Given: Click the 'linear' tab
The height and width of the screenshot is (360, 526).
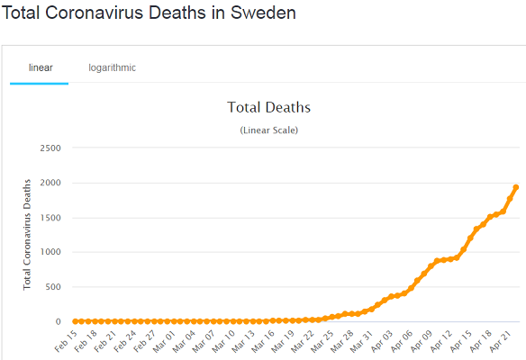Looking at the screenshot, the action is coord(41,67).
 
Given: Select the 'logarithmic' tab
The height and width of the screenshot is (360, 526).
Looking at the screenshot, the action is coord(112,67).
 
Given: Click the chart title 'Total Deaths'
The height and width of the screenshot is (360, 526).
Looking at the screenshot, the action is coord(269,107).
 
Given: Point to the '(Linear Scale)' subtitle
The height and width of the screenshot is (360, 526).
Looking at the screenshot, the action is coord(269,130).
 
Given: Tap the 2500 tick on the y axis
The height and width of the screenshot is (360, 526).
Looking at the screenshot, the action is coord(50,148).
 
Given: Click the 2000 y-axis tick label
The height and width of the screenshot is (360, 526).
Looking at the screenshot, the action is coord(50,183).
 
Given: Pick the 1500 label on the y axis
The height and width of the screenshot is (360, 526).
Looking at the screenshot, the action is coord(50,218).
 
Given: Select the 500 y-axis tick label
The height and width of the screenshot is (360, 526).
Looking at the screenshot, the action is coord(53,287).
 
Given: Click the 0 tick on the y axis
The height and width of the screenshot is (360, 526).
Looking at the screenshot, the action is coord(59,322).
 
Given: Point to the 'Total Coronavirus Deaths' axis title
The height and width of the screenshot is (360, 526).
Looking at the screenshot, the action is coord(27,235).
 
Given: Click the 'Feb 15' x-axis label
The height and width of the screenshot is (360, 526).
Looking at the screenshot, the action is coord(66,341).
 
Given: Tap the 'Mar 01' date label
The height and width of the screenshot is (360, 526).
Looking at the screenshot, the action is coord(164,341).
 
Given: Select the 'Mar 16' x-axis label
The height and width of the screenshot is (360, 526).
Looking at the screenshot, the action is coord(263,341).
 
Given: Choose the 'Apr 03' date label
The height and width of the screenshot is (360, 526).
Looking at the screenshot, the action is coord(381,341).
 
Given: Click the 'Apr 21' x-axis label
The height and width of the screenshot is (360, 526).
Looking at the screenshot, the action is coord(500,341).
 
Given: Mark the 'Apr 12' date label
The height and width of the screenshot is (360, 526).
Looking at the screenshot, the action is coord(440,341).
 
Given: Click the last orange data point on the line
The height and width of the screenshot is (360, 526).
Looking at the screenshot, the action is coord(516,187).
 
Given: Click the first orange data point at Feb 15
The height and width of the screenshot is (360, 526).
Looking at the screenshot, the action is coord(75,321).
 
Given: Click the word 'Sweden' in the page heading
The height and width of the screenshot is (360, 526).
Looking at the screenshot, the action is coord(263,13).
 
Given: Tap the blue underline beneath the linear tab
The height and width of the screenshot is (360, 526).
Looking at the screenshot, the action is coord(40,84).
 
